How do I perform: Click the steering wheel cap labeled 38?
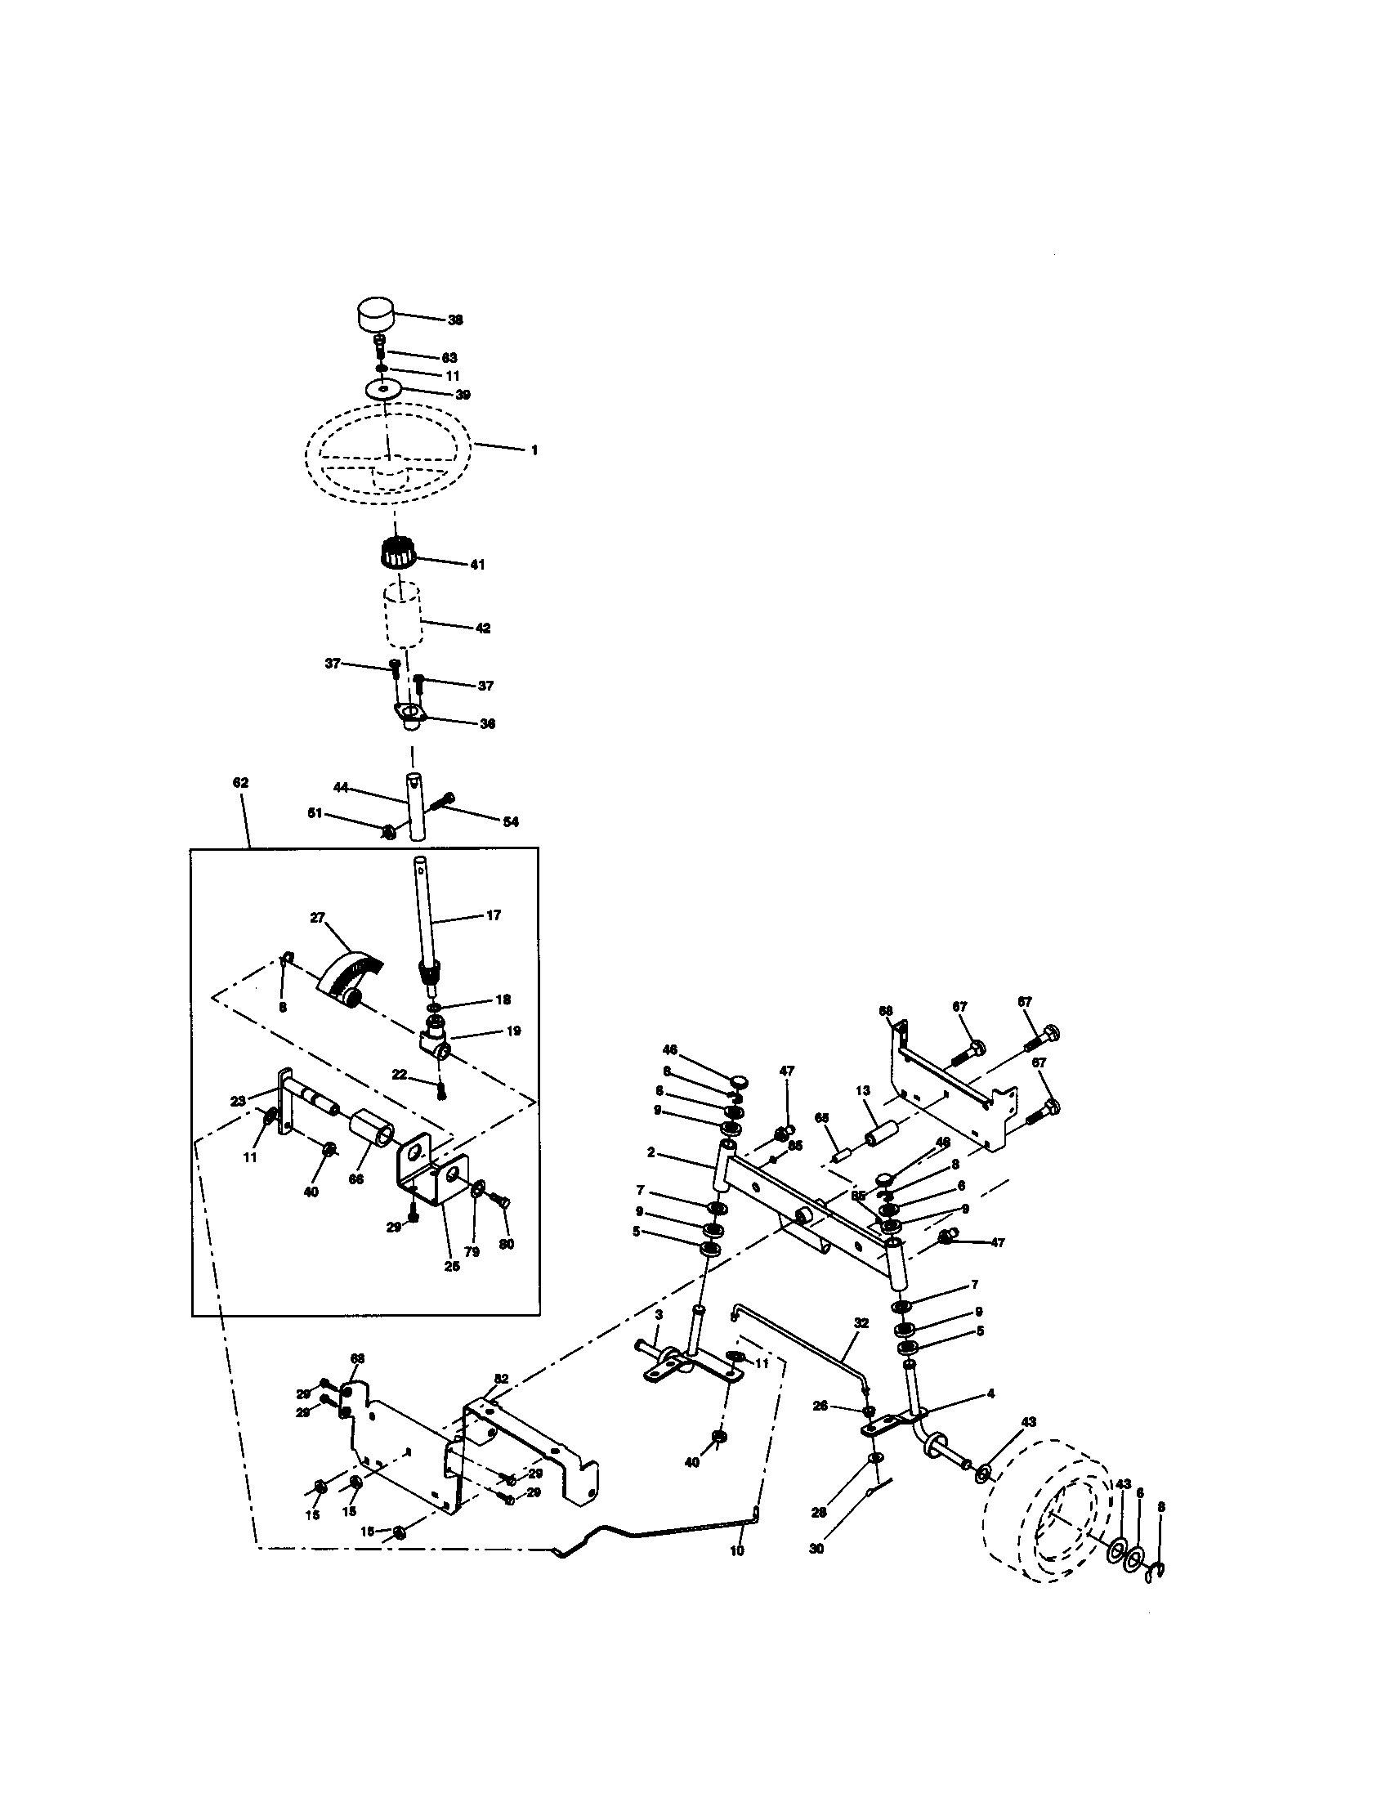tap(375, 314)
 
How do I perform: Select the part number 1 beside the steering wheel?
tap(534, 450)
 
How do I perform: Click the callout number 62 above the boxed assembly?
tap(240, 782)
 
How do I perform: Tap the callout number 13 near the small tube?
tap(862, 1090)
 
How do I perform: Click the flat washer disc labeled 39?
tap(383, 387)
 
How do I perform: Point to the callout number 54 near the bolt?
tap(510, 821)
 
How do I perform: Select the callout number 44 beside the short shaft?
tap(341, 787)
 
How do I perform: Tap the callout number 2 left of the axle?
tap(651, 1152)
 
